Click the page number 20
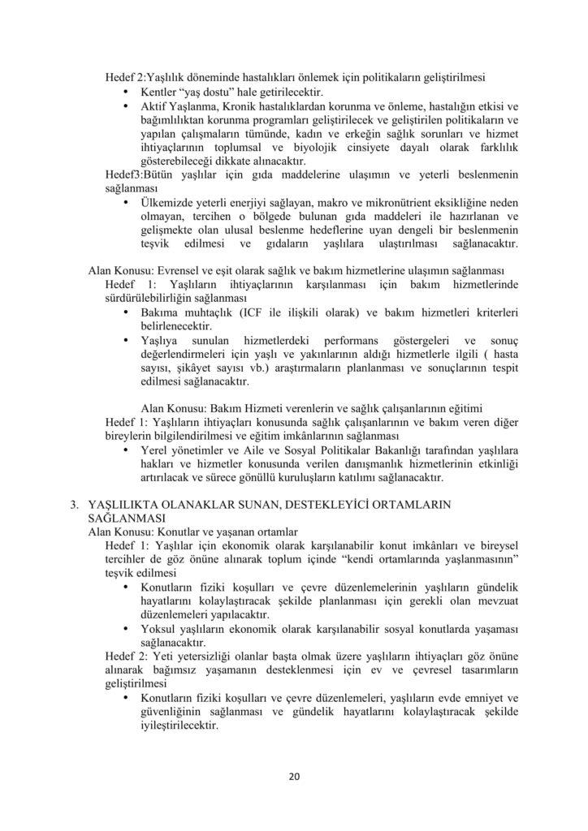[294, 776]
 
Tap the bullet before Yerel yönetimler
[125, 450]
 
